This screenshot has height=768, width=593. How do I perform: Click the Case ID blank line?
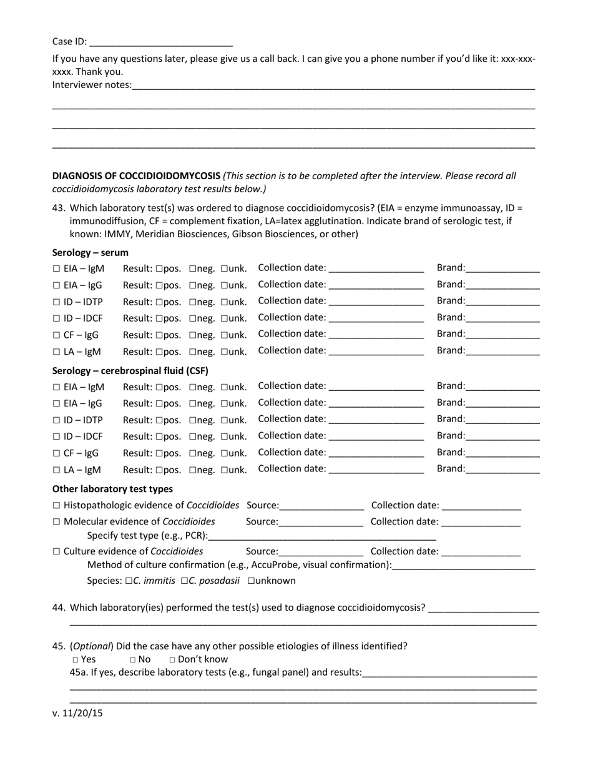point(161,43)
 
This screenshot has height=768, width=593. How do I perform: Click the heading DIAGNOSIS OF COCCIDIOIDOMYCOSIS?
point(136,176)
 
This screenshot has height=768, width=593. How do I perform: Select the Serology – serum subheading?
point(91,253)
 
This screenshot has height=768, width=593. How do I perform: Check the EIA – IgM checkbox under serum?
point(56,269)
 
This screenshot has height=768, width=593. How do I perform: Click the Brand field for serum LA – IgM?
point(502,351)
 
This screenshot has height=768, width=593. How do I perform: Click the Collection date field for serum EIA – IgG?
point(376,285)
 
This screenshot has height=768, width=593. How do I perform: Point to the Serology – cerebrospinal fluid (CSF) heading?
point(130,371)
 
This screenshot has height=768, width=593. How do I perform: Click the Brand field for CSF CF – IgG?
point(502,453)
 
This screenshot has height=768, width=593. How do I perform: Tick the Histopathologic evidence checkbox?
point(56,506)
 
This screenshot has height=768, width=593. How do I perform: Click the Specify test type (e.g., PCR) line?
point(322,536)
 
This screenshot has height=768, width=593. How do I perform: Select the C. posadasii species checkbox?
point(185,581)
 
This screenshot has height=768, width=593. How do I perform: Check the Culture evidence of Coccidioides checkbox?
point(56,552)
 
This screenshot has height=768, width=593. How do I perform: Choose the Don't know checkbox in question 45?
point(173,660)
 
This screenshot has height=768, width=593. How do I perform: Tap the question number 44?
point(59,608)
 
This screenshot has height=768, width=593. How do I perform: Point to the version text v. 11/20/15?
point(77,713)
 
